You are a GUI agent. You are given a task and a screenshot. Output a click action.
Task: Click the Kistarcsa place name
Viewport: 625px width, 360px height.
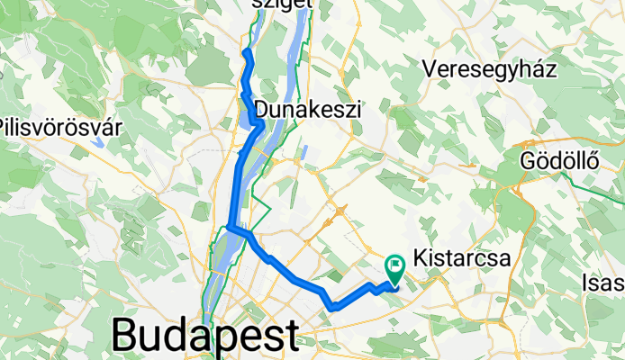[462, 257]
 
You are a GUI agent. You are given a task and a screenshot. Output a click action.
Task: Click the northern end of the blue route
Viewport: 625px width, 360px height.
[245, 54]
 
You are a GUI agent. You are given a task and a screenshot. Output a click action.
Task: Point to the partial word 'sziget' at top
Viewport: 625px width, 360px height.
[282, 4]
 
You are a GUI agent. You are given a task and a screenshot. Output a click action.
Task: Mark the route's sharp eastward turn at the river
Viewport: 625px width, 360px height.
[231, 226]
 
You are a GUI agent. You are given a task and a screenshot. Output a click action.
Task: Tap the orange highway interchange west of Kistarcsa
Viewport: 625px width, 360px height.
[343, 212]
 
